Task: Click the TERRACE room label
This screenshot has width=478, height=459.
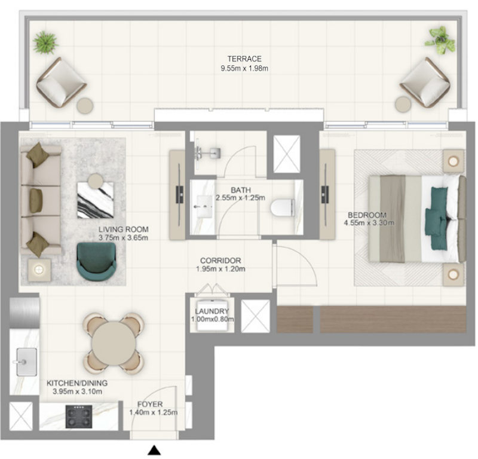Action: click(x=244, y=59)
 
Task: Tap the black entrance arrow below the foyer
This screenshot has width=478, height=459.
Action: click(x=154, y=450)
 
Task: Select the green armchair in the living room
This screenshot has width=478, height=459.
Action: click(x=96, y=261)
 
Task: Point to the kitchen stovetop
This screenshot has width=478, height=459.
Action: click(x=79, y=417)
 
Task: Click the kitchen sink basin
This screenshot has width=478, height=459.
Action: click(x=26, y=362)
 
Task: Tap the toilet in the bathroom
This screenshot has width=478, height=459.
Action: click(x=283, y=208)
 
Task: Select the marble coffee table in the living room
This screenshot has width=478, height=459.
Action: click(x=96, y=200)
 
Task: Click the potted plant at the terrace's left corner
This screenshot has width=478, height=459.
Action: click(x=45, y=42)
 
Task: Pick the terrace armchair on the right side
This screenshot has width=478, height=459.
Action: click(x=425, y=82)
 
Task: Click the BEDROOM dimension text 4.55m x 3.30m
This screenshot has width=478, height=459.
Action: click(x=369, y=223)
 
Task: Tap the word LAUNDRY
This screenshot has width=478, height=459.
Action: click(x=212, y=311)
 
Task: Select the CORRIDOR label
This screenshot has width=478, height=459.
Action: click(x=220, y=261)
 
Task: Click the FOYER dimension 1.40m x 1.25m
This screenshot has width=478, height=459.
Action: click(x=154, y=412)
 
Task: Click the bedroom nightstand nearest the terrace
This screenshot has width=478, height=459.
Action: click(x=454, y=161)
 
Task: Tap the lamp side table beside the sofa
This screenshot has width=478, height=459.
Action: click(x=39, y=270)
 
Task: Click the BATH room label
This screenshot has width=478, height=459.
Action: click(x=241, y=190)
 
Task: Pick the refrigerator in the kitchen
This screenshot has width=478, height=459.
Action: click(x=24, y=313)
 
